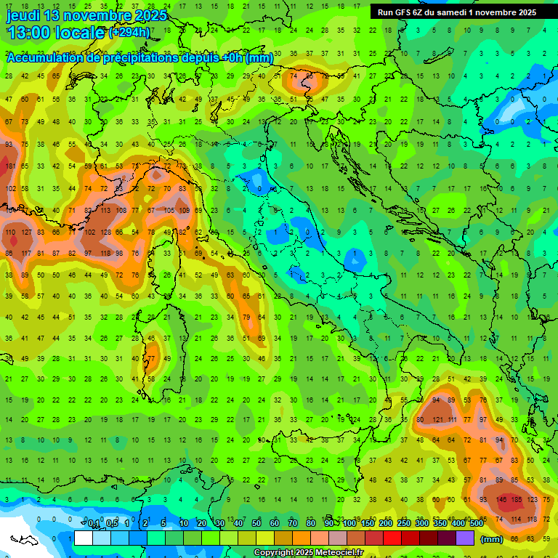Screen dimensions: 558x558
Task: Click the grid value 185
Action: tap(517, 500)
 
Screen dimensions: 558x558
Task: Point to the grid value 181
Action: tap(11, 166)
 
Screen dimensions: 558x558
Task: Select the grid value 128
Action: tap(105, 232)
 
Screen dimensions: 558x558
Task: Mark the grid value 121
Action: tap(437, 420)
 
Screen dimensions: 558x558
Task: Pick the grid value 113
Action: tap(105, 211)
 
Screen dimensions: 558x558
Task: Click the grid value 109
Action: tap(185, 211)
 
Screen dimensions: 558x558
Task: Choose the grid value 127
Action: tap(27, 232)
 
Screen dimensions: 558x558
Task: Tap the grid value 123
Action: tap(533, 500)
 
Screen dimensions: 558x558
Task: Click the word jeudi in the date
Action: tap(25, 15)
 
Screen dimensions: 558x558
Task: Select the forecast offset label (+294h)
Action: tap(129, 33)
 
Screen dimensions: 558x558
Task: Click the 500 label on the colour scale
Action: tap(476, 524)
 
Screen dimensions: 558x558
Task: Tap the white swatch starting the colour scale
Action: tap(83, 538)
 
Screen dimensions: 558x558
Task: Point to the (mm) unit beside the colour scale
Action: tap(492, 539)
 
